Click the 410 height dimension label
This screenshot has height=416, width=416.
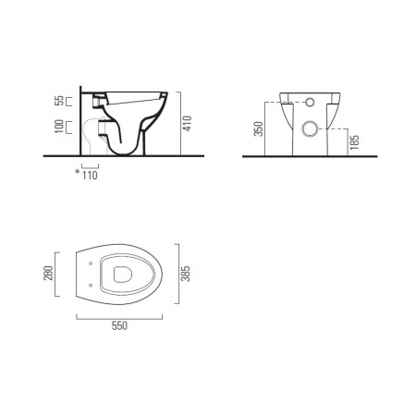pyautogui.click(x=187, y=124)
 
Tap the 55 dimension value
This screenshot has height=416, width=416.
pyautogui.click(x=59, y=101)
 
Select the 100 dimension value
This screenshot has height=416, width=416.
pyautogui.click(x=59, y=127)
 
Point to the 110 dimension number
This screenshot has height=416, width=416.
pyautogui.click(x=90, y=176)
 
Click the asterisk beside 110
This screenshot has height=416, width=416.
pyautogui.click(x=78, y=172)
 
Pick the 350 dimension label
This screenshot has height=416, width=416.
pyautogui.click(x=259, y=128)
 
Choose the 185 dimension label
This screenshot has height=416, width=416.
pyautogui.click(x=355, y=142)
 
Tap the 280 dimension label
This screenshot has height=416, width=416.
pyautogui.click(x=49, y=274)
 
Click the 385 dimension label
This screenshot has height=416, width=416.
pyautogui.click(x=186, y=274)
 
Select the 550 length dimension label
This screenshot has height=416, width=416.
pyautogui.click(x=119, y=325)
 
